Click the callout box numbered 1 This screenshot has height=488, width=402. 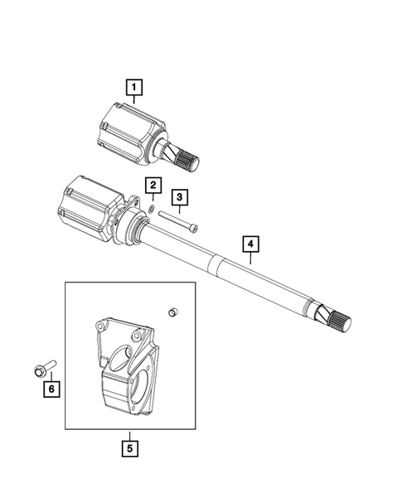[x=133, y=85]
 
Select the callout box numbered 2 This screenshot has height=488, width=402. [x=153, y=185]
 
